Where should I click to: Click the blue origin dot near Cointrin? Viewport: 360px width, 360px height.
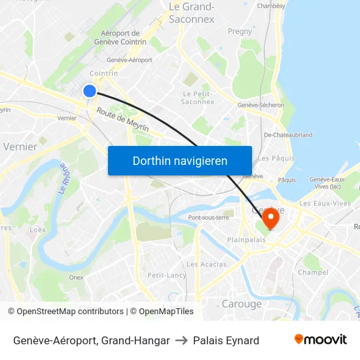point(90,91)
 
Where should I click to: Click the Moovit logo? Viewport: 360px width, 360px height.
point(320,339)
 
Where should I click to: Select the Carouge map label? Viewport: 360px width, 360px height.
point(242,304)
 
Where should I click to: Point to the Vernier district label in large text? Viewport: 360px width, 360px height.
point(20,147)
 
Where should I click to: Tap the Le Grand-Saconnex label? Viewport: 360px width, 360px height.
point(192,12)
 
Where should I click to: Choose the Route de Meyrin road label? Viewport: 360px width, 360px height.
point(123,120)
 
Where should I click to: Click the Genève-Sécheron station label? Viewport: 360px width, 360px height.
point(261,105)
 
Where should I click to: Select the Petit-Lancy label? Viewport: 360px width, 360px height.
point(167,275)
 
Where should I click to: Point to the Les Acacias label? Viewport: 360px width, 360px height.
point(206,264)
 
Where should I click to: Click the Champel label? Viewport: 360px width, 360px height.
point(312,272)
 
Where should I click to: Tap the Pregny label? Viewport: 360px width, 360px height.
point(240,31)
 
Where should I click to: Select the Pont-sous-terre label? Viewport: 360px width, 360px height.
point(208,217)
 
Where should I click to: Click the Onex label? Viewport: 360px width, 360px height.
point(76,277)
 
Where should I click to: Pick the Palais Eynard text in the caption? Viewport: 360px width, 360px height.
point(226,340)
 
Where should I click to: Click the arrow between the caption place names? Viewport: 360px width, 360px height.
point(181,340)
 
